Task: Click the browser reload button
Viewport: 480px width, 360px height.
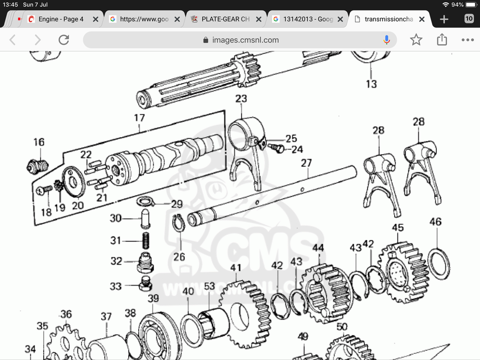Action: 63,40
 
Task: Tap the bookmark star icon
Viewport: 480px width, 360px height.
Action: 416,40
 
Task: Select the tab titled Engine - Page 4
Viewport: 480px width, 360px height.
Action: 61,19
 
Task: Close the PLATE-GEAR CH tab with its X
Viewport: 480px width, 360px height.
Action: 259,19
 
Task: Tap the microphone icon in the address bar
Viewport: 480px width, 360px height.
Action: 386,40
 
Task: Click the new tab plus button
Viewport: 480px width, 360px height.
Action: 444,19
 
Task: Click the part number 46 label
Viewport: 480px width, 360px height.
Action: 435,222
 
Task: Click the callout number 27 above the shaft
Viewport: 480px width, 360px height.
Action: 306,163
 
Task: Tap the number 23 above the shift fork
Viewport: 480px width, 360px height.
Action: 241,99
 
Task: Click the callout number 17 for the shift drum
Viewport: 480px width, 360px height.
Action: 139,118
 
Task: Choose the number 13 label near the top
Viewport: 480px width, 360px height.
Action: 371,84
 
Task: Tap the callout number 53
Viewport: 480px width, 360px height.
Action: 210,287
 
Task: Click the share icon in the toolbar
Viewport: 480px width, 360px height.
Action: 442,40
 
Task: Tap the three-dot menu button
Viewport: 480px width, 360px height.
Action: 467,40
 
